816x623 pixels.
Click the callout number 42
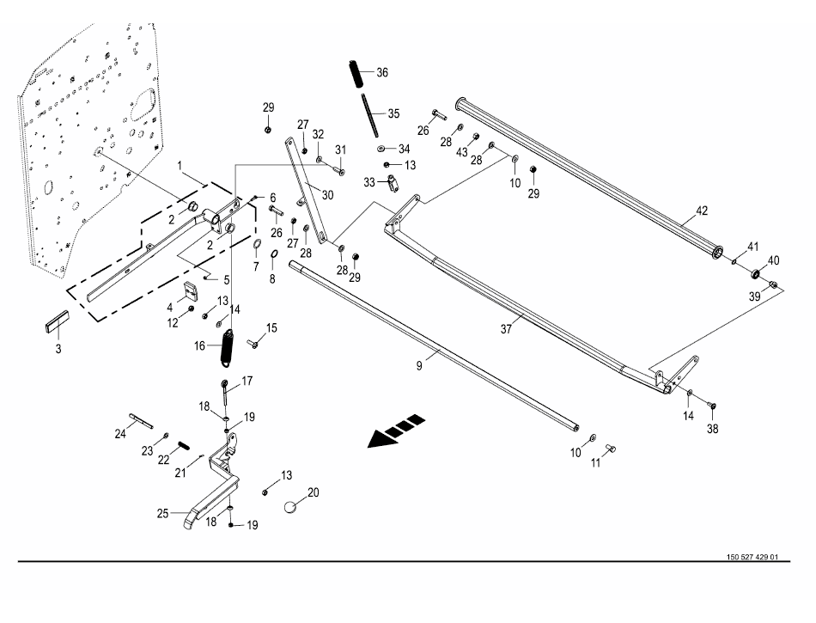click(x=702, y=210)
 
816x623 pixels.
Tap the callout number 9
click(x=419, y=366)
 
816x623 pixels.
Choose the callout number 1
click(x=180, y=164)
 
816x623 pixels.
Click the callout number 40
click(x=773, y=260)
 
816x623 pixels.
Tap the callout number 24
click(x=120, y=435)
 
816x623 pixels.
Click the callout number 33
click(x=369, y=182)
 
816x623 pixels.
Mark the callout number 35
click(x=393, y=113)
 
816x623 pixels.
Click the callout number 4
click(x=170, y=307)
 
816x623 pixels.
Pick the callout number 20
click(x=313, y=492)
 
